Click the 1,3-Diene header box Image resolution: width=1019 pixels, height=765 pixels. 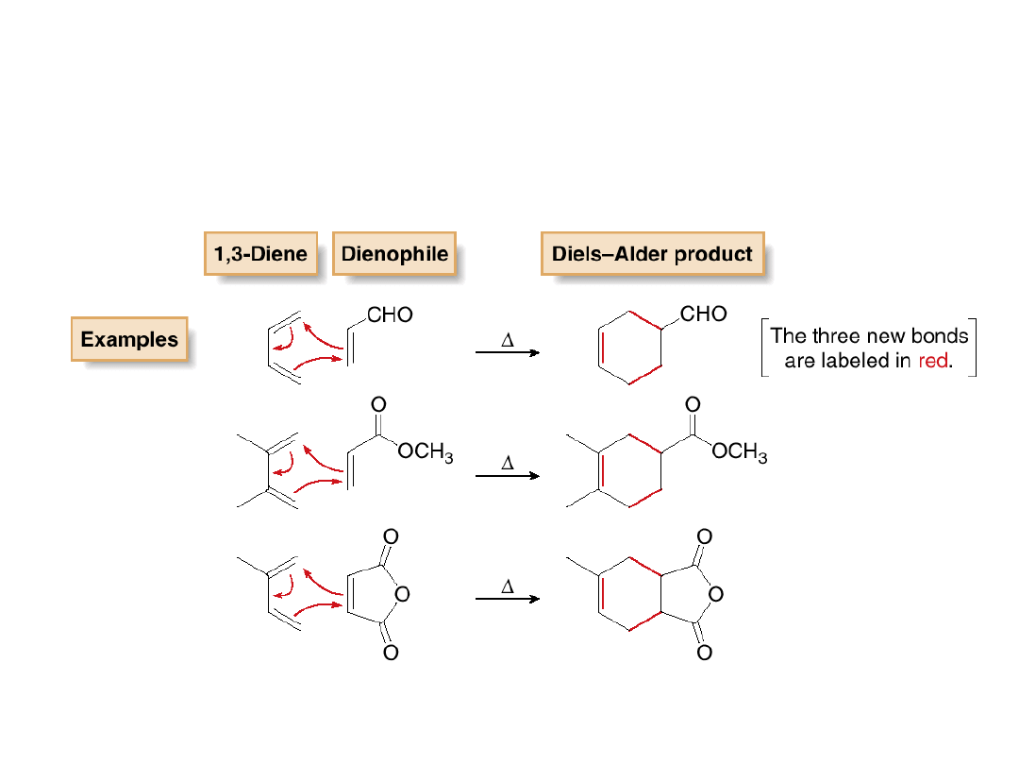[x=260, y=254]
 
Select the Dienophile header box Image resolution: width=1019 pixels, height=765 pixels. [x=394, y=254]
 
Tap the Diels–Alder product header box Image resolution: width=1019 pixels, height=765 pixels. [x=652, y=254]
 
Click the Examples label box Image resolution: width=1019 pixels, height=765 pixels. [x=129, y=340]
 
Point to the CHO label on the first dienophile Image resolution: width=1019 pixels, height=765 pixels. [x=390, y=315]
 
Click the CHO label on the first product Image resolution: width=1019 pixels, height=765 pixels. [x=703, y=314]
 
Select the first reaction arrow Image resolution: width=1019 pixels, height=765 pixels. [x=507, y=352]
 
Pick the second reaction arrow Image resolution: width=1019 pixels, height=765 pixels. [x=507, y=475]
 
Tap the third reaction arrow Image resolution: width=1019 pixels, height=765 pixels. [x=507, y=599]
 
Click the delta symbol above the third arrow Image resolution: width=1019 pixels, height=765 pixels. [x=507, y=586]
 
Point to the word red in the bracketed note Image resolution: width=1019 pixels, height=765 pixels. [x=932, y=361]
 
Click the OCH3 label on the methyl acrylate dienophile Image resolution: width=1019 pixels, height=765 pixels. [x=426, y=452]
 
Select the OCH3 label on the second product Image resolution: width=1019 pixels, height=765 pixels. [x=740, y=453]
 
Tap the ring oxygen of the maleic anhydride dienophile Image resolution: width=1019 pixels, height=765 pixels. [x=402, y=594]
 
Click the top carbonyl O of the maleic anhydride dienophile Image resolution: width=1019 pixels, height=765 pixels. [x=390, y=536]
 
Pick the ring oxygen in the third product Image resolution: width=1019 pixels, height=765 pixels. [x=715, y=594]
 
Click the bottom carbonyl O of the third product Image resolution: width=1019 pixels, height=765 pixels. [x=704, y=652]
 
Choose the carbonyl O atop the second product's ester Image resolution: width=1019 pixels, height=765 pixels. [x=693, y=404]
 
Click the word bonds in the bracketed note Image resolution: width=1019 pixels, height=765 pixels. [x=940, y=335]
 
